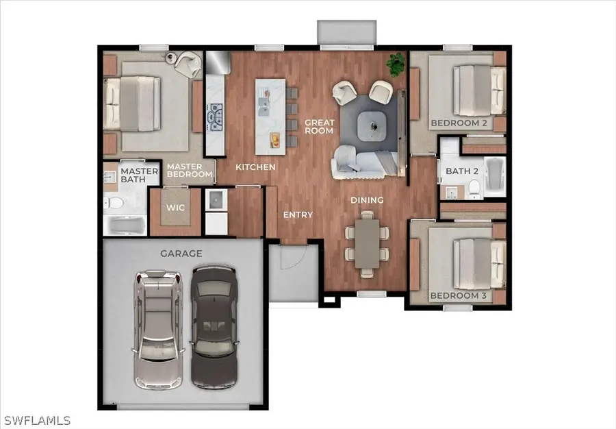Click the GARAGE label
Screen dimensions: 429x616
click(181, 254)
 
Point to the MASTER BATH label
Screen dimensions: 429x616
click(134, 175)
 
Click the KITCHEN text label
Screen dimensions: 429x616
click(255, 167)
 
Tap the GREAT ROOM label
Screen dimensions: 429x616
click(319, 127)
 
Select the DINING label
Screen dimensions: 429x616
click(367, 200)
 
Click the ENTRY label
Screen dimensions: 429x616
click(298, 215)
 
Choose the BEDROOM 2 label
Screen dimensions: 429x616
click(458, 123)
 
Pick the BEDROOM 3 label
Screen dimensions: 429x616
click(458, 296)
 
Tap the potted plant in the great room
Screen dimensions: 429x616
click(395, 64)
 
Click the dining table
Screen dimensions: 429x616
click(367, 243)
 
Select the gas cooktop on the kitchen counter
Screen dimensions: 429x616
click(216, 117)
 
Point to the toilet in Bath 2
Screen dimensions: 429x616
click(474, 186)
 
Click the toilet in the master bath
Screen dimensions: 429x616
click(114, 203)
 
